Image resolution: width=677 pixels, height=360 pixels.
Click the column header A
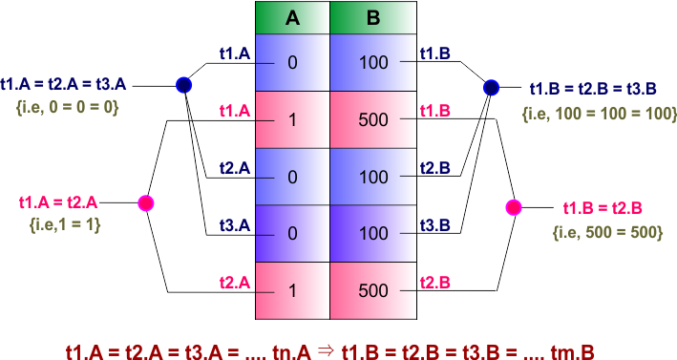(x=291, y=17)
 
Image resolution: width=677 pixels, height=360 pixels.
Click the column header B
(x=373, y=17)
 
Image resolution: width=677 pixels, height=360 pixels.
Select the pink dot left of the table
(x=146, y=203)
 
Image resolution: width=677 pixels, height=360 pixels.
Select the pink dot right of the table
(x=514, y=207)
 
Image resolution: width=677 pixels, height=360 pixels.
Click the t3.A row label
(x=234, y=225)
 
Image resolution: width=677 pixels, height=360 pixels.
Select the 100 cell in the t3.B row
(x=373, y=233)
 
